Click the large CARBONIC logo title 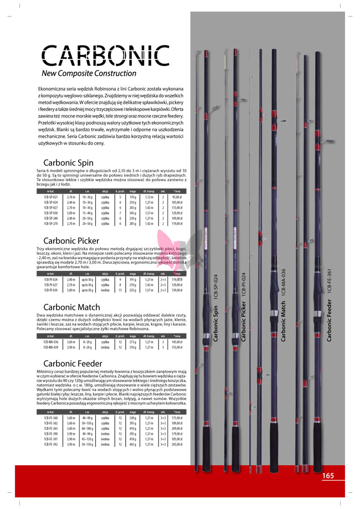click(x=106, y=55)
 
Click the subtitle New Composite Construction click(x=89, y=73)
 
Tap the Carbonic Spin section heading click(x=68, y=163)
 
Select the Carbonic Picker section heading click(x=71, y=241)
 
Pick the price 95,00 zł click(x=177, y=197)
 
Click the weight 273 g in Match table click(x=133, y=342)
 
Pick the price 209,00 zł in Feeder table click(x=177, y=428)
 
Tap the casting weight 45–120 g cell click(x=87, y=439)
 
